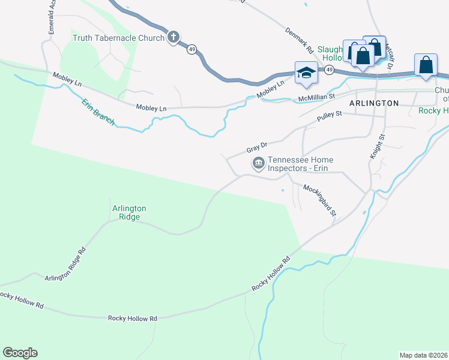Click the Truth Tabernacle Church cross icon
point(173,37)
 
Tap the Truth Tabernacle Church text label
point(118,38)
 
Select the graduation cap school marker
point(306,72)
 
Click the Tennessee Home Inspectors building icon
point(259,163)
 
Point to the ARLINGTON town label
point(374,103)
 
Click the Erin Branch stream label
point(98,111)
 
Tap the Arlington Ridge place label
point(129,212)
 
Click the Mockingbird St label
point(320,200)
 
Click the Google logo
point(20,352)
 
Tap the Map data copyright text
point(423,355)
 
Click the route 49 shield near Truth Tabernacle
point(191,50)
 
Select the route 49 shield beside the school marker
point(330,70)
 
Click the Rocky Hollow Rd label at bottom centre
point(132,318)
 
